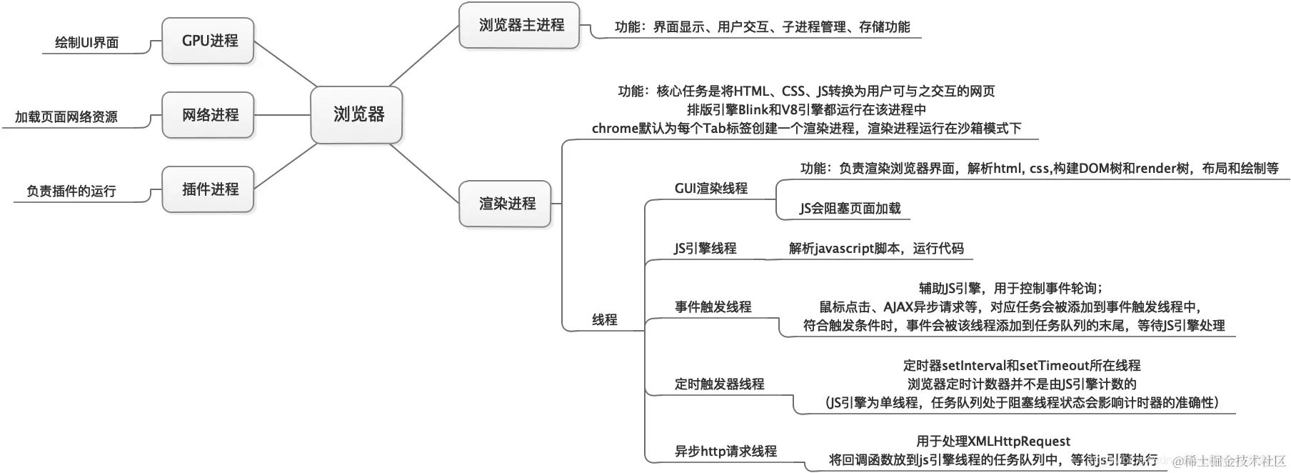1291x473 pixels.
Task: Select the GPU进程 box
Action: click(209, 41)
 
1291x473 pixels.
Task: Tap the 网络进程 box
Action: click(209, 115)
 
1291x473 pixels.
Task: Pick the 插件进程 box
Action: click(209, 189)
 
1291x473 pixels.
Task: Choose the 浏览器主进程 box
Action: click(520, 26)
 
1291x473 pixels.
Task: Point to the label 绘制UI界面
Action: click(86, 43)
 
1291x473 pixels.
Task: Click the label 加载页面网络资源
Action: click(66, 117)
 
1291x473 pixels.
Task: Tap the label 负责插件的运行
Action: click(71, 191)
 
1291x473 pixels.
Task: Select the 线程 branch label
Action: click(604, 320)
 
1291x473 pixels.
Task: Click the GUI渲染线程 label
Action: click(710, 189)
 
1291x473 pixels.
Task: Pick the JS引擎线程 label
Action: click(705, 249)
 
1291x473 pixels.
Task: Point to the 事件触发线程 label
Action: click(713, 307)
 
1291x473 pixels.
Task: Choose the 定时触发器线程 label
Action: click(719, 384)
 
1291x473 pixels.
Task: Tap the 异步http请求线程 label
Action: click(725, 452)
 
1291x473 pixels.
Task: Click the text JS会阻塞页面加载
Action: click(850, 209)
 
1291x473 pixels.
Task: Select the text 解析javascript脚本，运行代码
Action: click(876, 249)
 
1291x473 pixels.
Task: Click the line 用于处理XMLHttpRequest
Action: click(993, 442)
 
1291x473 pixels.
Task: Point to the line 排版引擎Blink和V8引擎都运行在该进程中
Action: click(806, 110)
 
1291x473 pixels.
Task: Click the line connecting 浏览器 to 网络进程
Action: click(283, 115)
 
